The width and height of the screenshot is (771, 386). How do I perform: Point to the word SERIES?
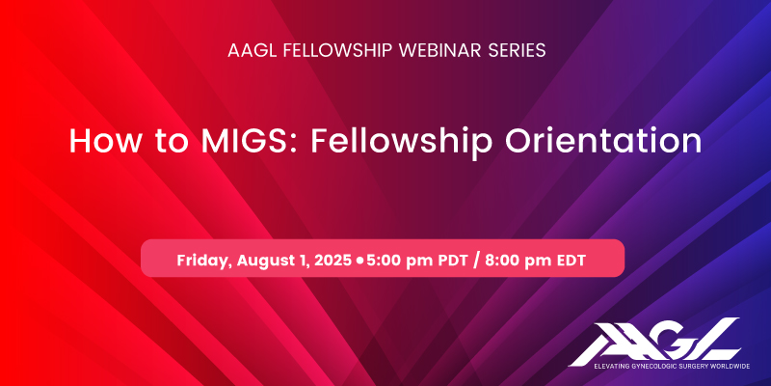pyautogui.click(x=517, y=50)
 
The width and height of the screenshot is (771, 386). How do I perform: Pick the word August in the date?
pyautogui.click(x=260, y=261)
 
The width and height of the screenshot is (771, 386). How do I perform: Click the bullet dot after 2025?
pyautogui.click(x=359, y=260)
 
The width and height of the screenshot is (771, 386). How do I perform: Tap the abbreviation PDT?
pyautogui.click(x=452, y=260)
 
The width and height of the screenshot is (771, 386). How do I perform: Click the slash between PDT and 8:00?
pyautogui.click(x=476, y=260)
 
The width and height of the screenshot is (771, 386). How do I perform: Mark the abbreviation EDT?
pyautogui.click(x=571, y=260)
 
